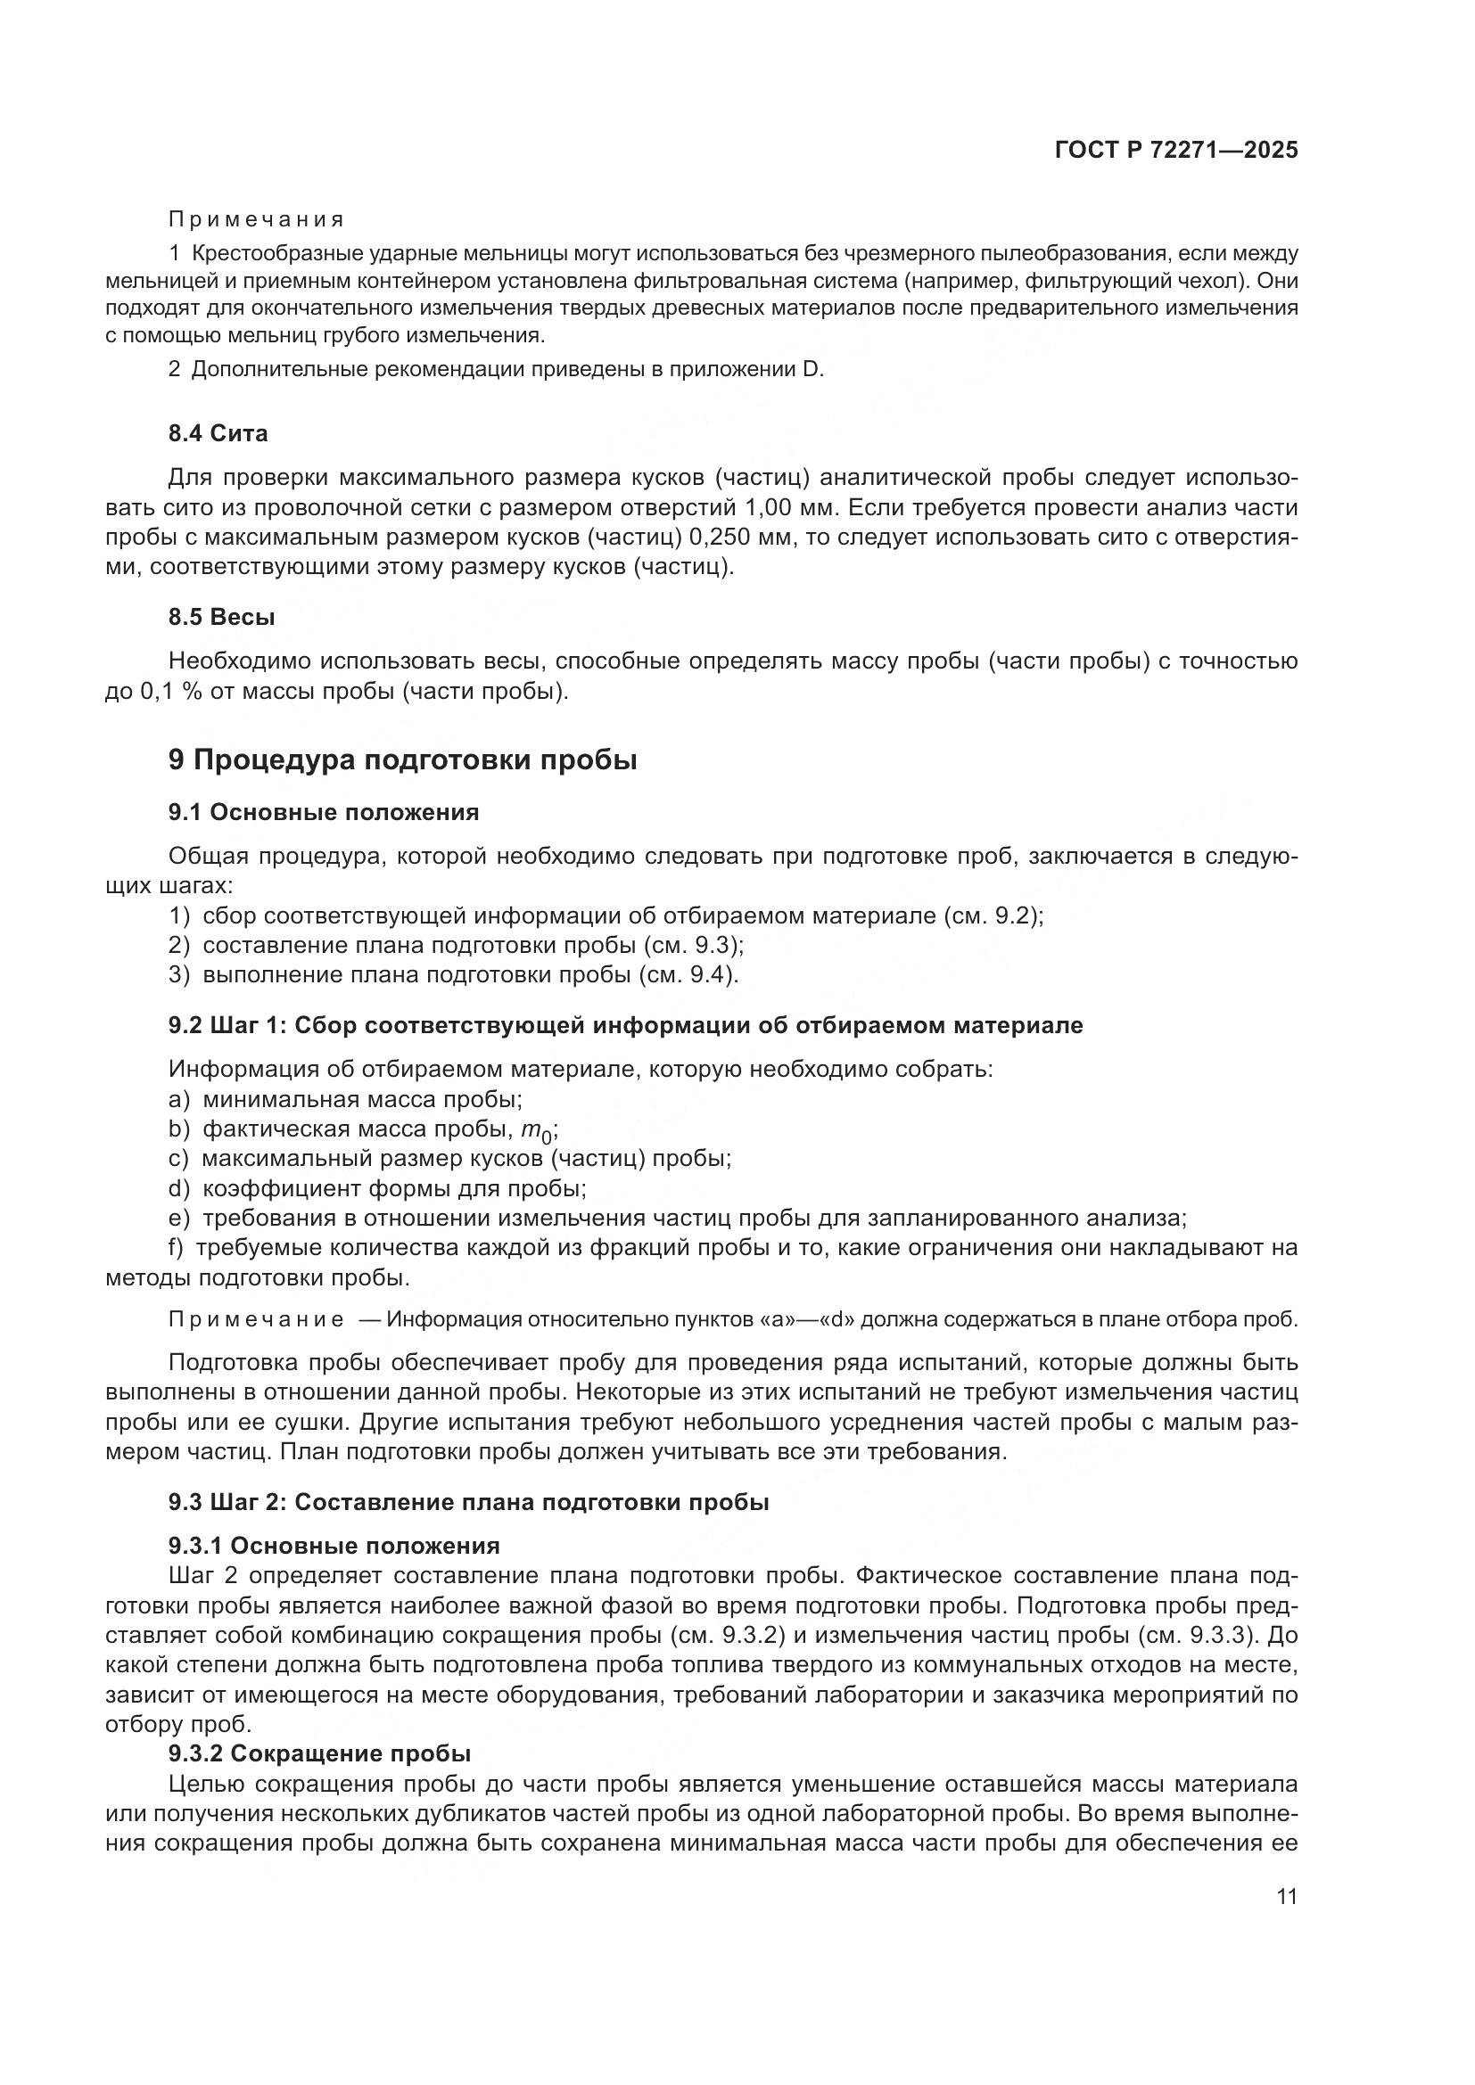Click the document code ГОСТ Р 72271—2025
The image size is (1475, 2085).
pos(1176,151)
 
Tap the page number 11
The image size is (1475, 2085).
pos(1286,1897)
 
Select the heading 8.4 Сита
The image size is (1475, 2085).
pos(218,433)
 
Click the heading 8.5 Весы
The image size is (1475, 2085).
pos(222,617)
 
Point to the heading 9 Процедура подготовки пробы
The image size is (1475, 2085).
pos(402,760)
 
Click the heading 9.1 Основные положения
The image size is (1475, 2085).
pos(324,812)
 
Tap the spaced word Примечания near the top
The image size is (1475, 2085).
pos(256,220)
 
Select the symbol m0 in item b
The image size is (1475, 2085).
pos(537,1130)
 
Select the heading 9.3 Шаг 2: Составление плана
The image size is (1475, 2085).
pos(468,1502)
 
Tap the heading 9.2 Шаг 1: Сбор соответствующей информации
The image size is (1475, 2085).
pos(625,1025)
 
